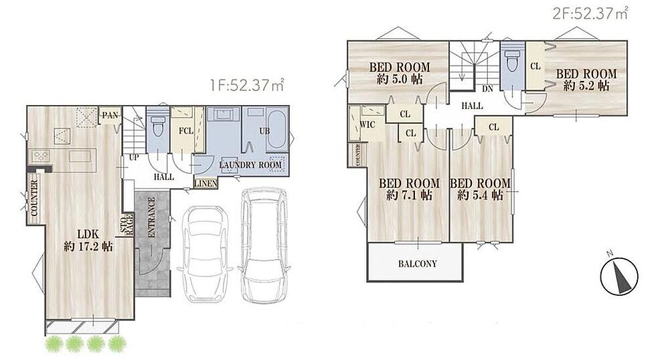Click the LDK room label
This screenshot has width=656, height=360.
[x=88, y=240]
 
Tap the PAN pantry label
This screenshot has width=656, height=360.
[x=110, y=115]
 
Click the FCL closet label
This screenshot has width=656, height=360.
[x=186, y=131]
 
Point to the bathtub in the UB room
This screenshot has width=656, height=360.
[x=277, y=129]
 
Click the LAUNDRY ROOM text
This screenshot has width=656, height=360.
[x=250, y=165]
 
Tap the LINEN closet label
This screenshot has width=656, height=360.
[x=206, y=183]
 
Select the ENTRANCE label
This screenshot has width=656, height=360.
[x=151, y=217]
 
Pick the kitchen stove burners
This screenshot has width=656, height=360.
[x=41, y=156]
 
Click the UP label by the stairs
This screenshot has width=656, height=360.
[x=134, y=158]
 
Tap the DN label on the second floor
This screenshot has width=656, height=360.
[x=487, y=89]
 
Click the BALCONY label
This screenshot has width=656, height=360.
[x=417, y=264]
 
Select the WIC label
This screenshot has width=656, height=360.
[x=367, y=124]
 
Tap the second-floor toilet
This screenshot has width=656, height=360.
[x=513, y=64]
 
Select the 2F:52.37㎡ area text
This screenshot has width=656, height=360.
[x=590, y=14]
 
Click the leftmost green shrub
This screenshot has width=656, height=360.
[x=53, y=344]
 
